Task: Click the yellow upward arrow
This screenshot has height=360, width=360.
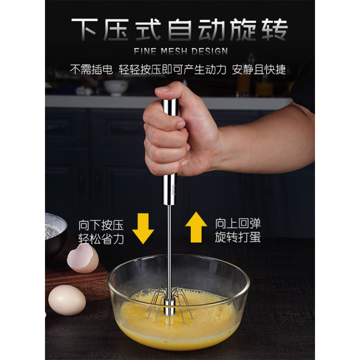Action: coord(196,228)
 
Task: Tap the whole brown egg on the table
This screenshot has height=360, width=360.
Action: coord(67,300)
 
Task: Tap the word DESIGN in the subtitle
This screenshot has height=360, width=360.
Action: coord(210,51)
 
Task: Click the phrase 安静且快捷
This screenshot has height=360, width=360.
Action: coord(259,70)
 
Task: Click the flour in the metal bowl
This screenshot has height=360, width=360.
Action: coord(52,229)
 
